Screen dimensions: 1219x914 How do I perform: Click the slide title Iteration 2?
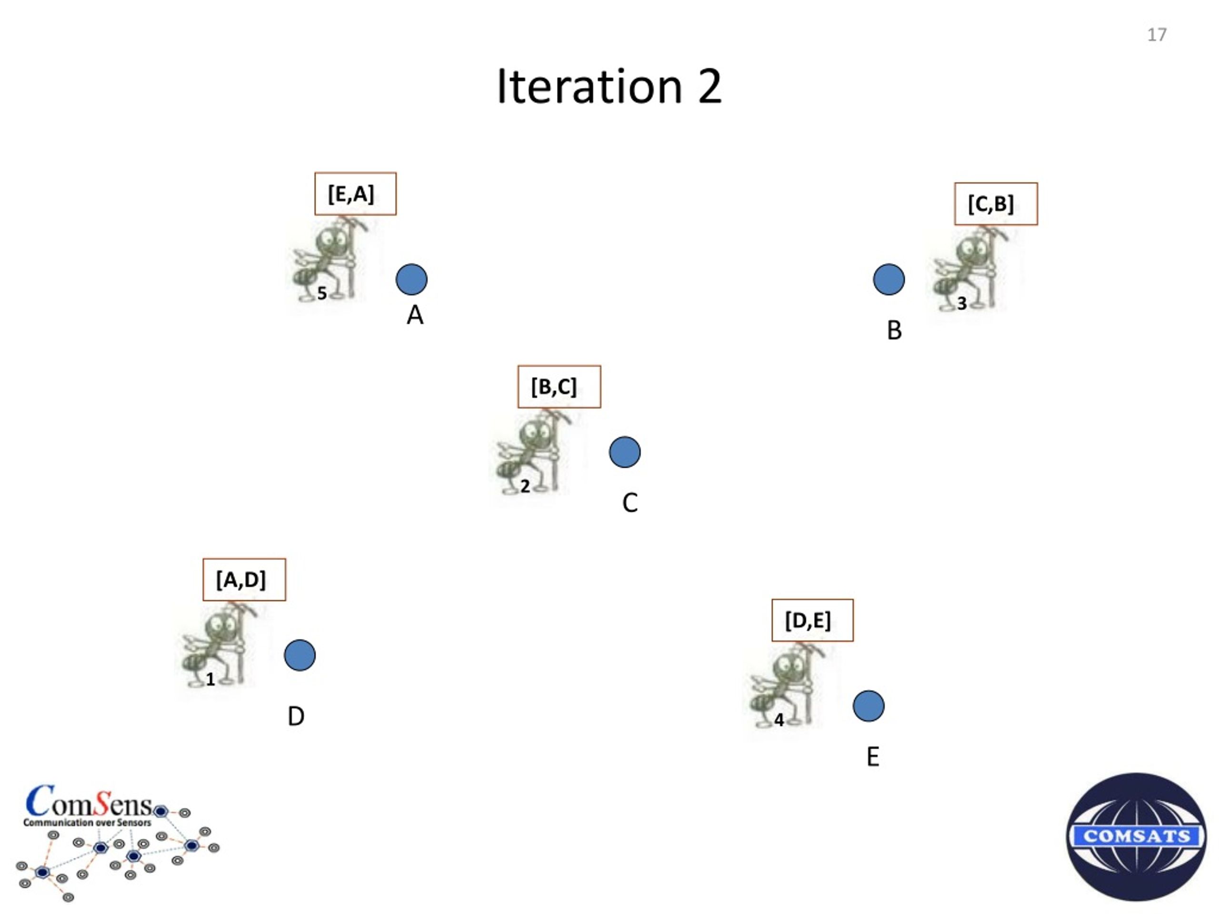pos(609,87)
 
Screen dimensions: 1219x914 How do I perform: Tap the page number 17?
pos(1156,35)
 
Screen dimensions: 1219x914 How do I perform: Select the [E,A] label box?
pos(355,194)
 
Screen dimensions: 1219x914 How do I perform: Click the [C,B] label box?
pos(996,204)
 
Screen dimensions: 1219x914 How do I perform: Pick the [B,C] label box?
pos(560,387)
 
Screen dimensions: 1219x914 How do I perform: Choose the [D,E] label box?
pos(812,620)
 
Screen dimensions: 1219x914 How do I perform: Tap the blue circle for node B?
pos(889,279)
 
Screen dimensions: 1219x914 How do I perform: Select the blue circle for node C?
pos(625,452)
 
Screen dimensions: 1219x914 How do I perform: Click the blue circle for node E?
pos(869,706)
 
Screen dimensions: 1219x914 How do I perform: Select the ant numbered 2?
pos(535,453)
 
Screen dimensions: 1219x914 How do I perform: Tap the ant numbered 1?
pos(220,646)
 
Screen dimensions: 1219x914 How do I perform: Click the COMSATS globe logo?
pos(1136,836)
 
